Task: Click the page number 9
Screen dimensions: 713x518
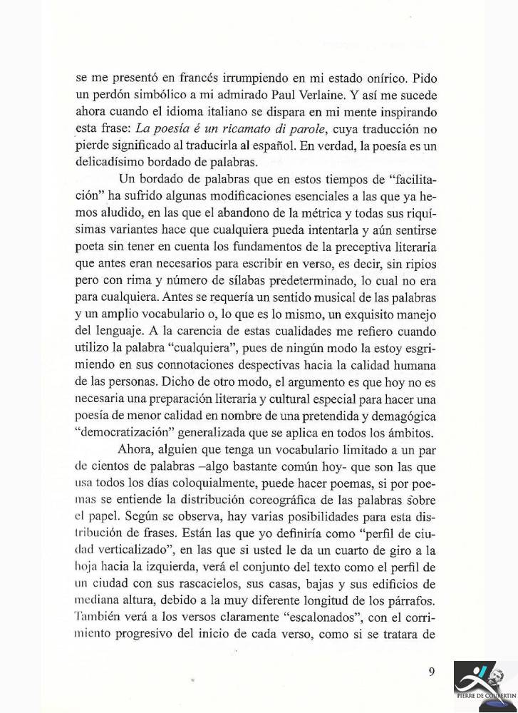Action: pos(432,671)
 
